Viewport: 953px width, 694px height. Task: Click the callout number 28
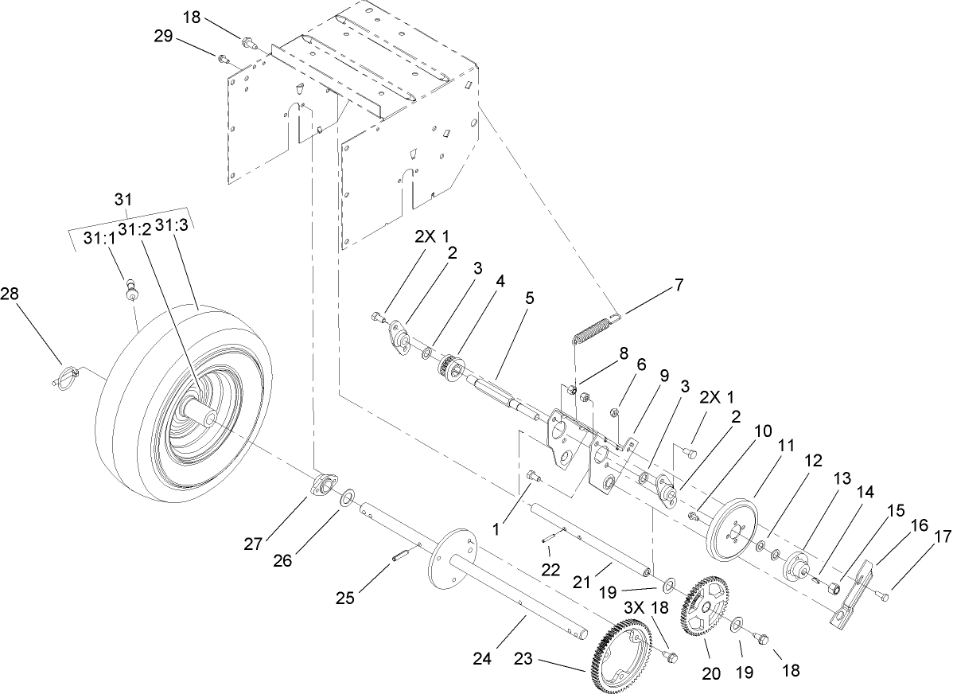(x=10, y=294)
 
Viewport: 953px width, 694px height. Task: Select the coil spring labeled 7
(x=593, y=328)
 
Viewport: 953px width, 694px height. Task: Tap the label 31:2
(x=133, y=228)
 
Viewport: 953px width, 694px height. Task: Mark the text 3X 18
(x=644, y=607)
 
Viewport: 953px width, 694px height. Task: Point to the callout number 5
(x=529, y=298)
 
